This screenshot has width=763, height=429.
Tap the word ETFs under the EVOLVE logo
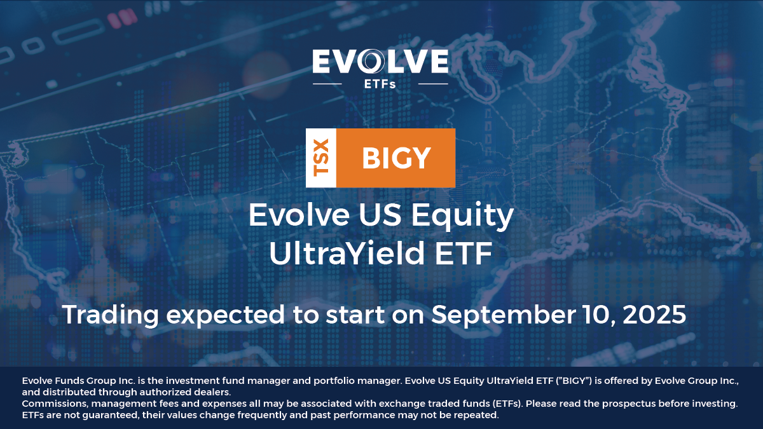click(x=380, y=84)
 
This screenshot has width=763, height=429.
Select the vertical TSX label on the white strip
click(x=321, y=158)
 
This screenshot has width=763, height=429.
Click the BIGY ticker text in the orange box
click(x=397, y=158)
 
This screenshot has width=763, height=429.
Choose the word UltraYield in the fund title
click(x=347, y=254)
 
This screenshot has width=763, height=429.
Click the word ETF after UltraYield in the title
click(x=464, y=254)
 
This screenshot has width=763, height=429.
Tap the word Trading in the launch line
click(x=111, y=316)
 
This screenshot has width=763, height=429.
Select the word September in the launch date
click(x=503, y=316)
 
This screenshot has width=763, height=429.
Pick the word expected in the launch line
click(x=226, y=316)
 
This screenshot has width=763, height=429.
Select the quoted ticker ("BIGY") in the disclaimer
click(x=574, y=381)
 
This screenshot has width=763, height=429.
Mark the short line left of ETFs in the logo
click(x=327, y=84)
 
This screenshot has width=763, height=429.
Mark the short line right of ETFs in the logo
click(x=433, y=84)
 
